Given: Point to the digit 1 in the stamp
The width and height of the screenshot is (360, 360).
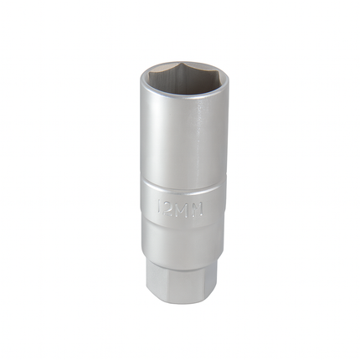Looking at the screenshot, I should (x=161, y=206).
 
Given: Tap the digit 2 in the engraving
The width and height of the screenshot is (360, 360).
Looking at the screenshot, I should (x=171, y=206).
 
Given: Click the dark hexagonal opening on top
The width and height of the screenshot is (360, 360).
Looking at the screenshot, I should (x=181, y=82).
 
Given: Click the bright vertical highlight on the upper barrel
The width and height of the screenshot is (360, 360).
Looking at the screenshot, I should (x=200, y=138).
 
